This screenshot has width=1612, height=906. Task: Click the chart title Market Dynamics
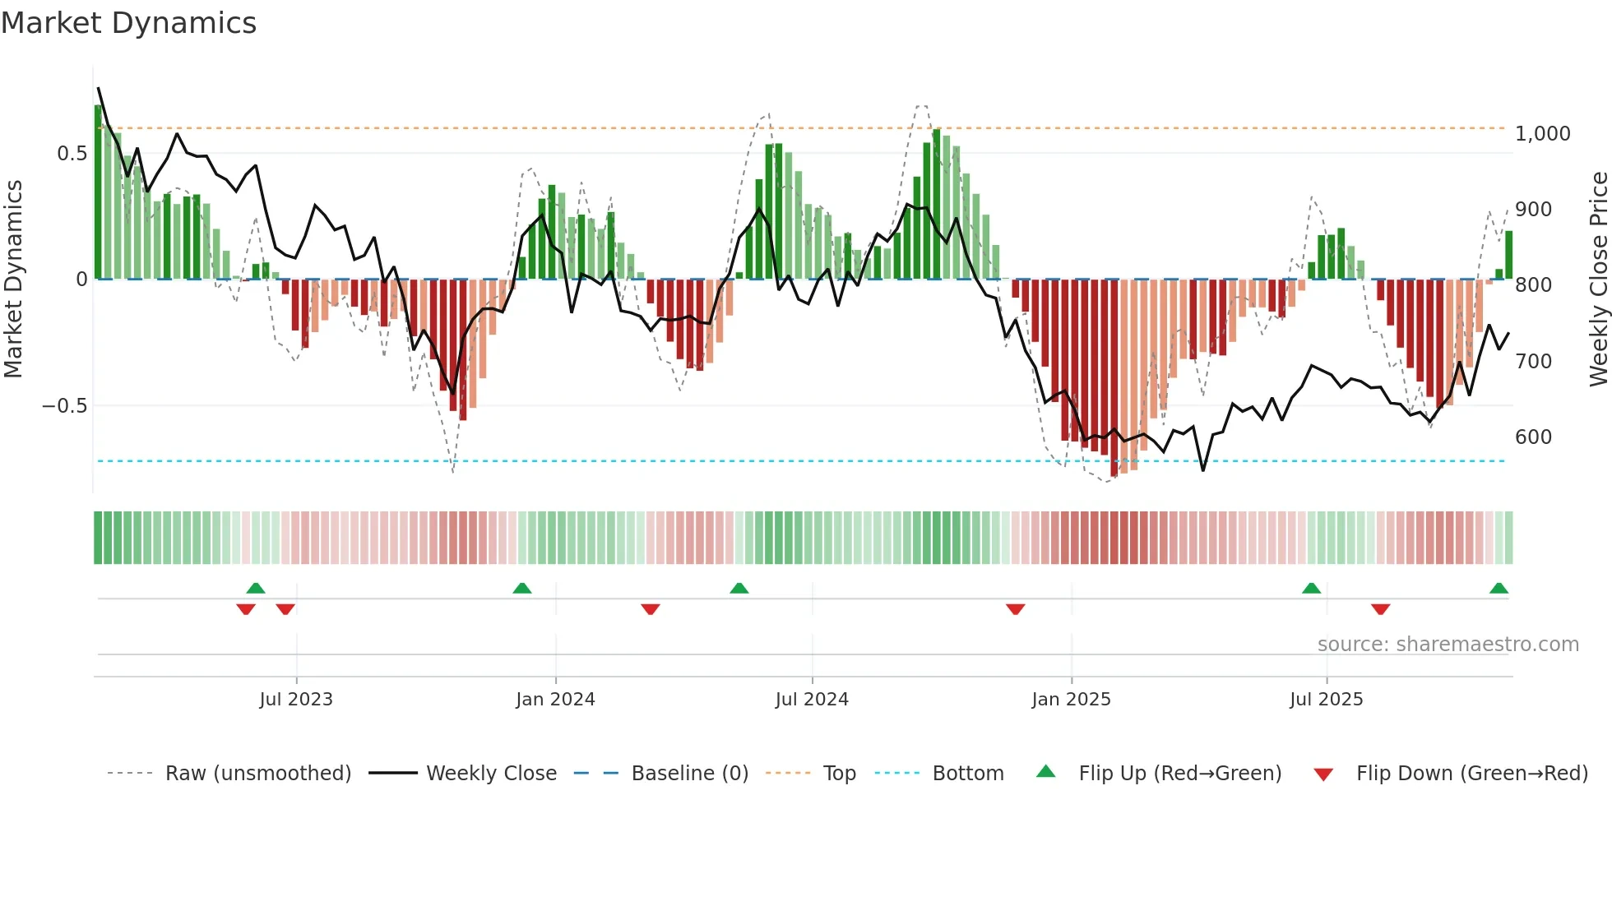(x=129, y=23)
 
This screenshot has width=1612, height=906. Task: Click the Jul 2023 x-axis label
(x=296, y=700)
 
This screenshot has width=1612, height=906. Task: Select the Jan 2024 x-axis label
(x=555, y=700)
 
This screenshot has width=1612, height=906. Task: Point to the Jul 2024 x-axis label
(x=812, y=700)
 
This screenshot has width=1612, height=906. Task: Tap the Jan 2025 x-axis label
(x=1071, y=700)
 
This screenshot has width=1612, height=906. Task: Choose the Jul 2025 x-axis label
(x=1327, y=700)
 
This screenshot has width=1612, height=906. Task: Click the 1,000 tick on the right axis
(x=1542, y=134)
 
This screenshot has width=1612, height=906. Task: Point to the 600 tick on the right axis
(x=1533, y=437)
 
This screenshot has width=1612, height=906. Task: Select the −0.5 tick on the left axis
(x=64, y=406)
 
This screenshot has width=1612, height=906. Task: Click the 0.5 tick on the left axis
(x=72, y=154)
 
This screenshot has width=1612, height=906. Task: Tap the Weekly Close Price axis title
(x=1598, y=279)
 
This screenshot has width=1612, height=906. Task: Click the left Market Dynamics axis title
(x=13, y=279)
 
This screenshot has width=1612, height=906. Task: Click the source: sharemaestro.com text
(x=1448, y=645)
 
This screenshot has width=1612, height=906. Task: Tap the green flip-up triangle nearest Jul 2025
(x=1311, y=588)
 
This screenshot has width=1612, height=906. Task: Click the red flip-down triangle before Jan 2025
(x=1015, y=609)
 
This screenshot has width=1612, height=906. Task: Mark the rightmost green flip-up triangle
(x=1499, y=588)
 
